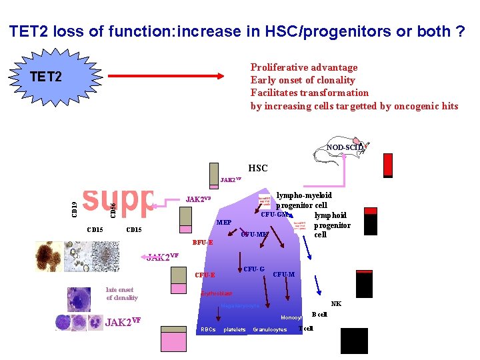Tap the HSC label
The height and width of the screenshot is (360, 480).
(258, 169)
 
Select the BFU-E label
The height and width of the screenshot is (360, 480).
(202, 243)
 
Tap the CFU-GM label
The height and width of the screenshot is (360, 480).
(273, 214)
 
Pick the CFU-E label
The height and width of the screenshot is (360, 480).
(205, 275)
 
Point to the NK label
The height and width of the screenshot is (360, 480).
(336, 304)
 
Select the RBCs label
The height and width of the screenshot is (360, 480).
(208, 329)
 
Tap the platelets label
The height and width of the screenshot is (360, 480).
(235, 329)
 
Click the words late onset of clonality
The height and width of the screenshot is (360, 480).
(122, 293)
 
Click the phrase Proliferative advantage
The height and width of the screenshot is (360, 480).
(304, 67)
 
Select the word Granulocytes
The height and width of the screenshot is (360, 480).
(270, 329)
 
